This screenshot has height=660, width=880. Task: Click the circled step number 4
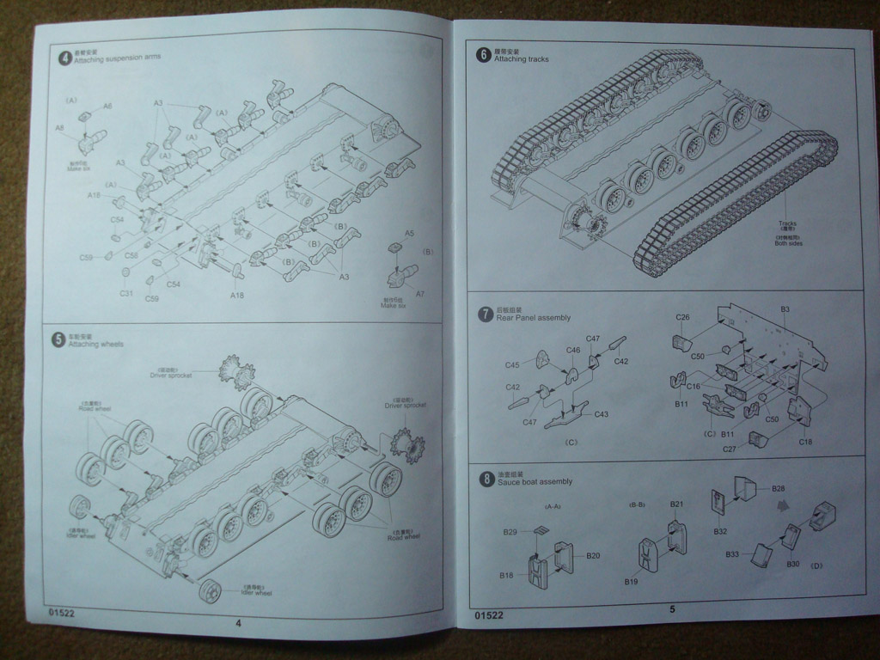pyautogui.click(x=64, y=59)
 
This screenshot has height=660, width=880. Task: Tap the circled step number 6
pyautogui.click(x=484, y=56)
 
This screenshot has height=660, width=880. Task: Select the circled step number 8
pyautogui.click(x=486, y=478)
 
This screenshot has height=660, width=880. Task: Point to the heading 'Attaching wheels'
pyautogui.click(x=99, y=344)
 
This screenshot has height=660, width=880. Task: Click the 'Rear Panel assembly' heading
pyautogui.click(x=533, y=317)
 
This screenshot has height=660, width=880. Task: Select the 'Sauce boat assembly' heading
pyautogui.click(x=535, y=482)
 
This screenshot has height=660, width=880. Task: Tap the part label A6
pyautogui.click(x=107, y=106)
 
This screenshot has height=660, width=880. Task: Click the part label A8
pyautogui.click(x=60, y=128)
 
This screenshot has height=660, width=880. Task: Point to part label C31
pyautogui.click(x=126, y=294)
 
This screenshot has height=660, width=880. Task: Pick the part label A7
pyautogui.click(x=420, y=294)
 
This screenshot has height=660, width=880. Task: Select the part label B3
pyautogui.click(x=785, y=309)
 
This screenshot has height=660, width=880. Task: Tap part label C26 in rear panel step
pyautogui.click(x=682, y=317)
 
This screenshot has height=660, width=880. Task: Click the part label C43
pyautogui.click(x=601, y=414)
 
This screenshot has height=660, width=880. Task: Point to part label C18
pyautogui.click(x=805, y=442)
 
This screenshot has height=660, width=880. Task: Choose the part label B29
pyautogui.click(x=510, y=533)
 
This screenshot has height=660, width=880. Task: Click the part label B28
pyautogui.click(x=778, y=488)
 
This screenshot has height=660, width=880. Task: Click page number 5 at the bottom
pyautogui.click(x=672, y=609)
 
